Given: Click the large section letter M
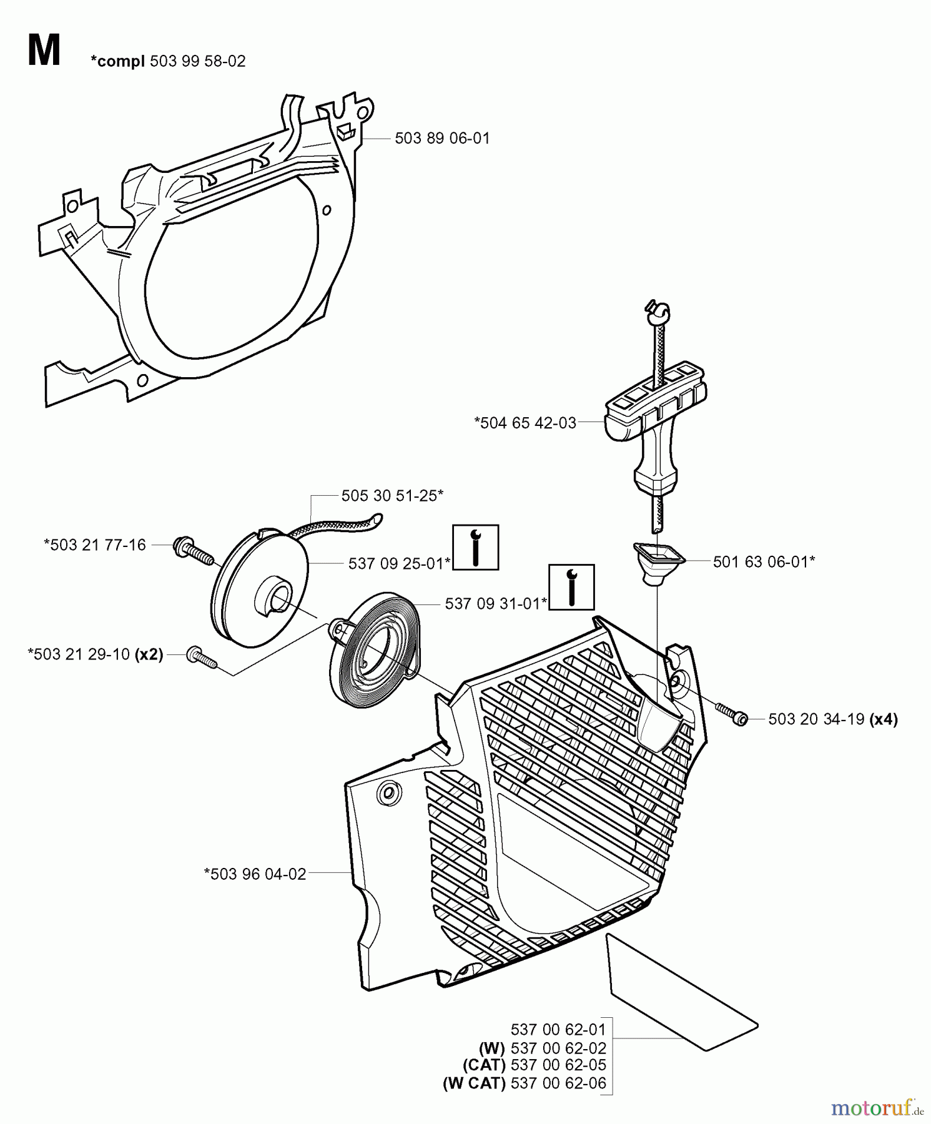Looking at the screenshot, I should [44, 51].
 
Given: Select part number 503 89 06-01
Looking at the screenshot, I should [441, 139].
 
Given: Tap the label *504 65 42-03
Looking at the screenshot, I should [525, 423].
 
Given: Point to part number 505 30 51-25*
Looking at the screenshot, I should [392, 496].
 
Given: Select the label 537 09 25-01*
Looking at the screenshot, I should [399, 564].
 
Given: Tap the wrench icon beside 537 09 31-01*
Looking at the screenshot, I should [571, 587].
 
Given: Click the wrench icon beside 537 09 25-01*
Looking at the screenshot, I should [475, 547].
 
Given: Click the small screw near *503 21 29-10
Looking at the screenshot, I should [202, 658].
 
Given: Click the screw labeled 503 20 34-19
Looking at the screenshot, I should [731, 715].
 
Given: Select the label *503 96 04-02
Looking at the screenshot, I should [255, 874].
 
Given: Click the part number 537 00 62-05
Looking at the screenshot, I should [558, 1065].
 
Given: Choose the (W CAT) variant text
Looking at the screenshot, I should [474, 1083].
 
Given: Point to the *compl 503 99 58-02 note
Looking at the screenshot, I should [168, 61].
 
